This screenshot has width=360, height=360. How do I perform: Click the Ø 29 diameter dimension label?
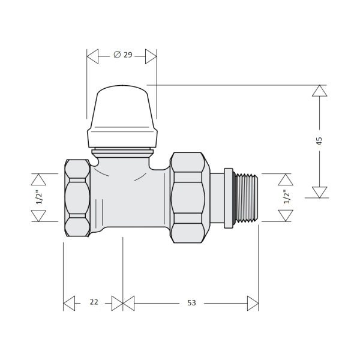coord(123,55)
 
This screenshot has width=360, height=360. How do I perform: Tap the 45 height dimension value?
coord(319,141)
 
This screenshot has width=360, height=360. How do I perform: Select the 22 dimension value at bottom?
coord(94,302)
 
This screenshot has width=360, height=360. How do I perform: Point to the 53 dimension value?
coord(191,303)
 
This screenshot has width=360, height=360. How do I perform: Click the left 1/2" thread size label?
coord(39,197)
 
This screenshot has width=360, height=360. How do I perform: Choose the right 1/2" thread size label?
coord(287,197)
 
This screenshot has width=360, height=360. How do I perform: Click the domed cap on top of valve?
coord(122,116)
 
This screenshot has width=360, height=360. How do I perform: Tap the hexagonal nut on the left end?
coord(77,198)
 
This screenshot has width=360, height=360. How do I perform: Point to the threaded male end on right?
coord(246,198)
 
